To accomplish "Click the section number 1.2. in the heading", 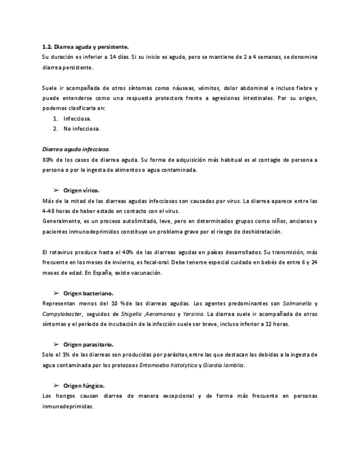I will pos(48,47).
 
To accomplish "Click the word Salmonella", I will pos(296,303).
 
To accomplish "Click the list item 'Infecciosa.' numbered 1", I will pos(77,118).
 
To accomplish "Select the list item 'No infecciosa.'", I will pos(82,129).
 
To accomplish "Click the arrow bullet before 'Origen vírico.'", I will pos(56,190).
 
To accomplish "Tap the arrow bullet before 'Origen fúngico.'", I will pos(56,385).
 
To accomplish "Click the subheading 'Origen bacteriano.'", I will pos(88,293).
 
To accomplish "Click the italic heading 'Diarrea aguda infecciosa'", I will pos(75,149).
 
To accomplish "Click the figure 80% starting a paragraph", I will pos(47,159).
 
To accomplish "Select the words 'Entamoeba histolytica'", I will pos(168,365).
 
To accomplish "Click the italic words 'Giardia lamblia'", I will pos(224,365).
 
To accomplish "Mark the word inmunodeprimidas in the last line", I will pos(68,406).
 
